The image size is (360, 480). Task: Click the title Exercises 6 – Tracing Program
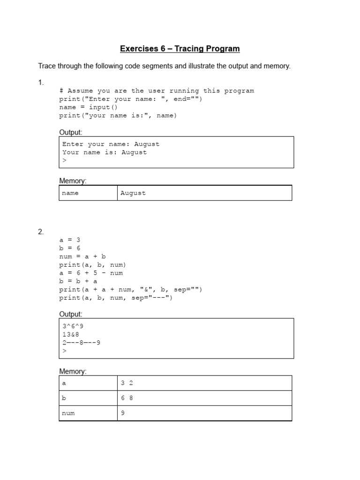[x=180, y=49]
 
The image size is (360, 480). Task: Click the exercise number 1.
[x=41, y=82]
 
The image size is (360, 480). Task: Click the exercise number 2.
[x=41, y=232]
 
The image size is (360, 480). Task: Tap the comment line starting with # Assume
[x=157, y=91]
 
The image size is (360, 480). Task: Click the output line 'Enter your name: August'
[x=111, y=144]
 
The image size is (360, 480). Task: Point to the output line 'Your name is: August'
[x=105, y=152]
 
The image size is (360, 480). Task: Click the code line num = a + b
[x=82, y=256]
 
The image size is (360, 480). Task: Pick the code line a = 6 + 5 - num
[x=91, y=273]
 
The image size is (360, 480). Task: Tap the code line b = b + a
[x=78, y=281]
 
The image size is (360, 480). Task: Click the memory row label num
[x=68, y=413]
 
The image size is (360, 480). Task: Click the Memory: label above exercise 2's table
[x=73, y=371]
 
